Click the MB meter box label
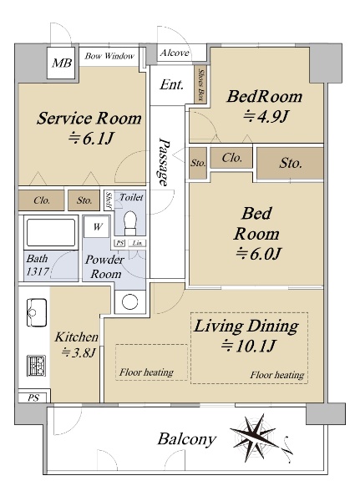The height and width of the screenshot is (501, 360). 62,63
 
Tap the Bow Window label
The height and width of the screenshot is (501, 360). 109,56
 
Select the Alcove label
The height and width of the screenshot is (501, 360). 175,53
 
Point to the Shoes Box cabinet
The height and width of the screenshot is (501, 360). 200,84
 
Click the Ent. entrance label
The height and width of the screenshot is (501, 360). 172,84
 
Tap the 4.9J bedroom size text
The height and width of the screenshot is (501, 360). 266,116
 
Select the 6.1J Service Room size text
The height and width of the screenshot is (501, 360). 91,139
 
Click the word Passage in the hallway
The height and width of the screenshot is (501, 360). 164,162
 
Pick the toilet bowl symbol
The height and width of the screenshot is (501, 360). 130,223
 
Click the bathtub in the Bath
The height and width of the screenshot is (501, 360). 51,232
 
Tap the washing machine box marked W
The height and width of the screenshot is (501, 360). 97,227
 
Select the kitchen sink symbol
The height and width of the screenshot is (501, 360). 36,312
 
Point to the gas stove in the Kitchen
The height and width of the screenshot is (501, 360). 36,366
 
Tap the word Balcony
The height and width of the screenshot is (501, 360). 186,439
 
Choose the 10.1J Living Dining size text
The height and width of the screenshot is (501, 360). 248,346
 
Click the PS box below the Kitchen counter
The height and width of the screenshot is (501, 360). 33,397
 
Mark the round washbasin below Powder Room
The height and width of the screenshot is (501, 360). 129,301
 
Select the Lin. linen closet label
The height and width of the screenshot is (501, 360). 137,243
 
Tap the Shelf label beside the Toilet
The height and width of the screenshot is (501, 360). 109,200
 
